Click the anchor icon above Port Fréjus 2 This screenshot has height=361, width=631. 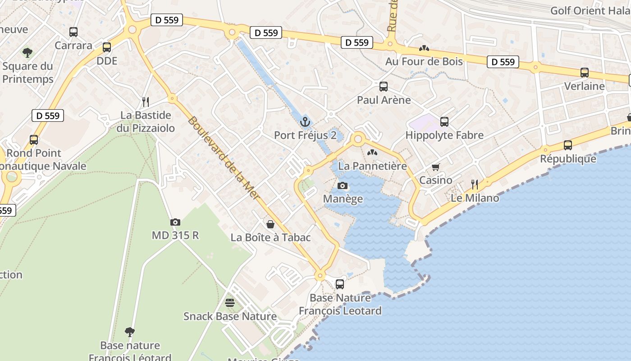pyautogui.click(x=306, y=122)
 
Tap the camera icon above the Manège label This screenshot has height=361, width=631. pyautogui.click(x=343, y=185)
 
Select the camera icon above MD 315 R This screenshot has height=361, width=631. pyautogui.click(x=175, y=222)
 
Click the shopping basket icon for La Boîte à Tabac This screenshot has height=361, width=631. pyautogui.click(x=270, y=224)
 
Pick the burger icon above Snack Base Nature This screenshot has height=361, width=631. pyautogui.click(x=230, y=303)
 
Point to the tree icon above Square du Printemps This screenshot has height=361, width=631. pyautogui.click(x=27, y=53)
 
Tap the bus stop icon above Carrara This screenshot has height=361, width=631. pyautogui.click(x=73, y=32)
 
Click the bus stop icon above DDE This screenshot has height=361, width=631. pyautogui.click(x=107, y=47)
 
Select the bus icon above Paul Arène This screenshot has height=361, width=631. pyautogui.click(x=384, y=87)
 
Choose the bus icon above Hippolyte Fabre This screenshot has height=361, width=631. pyautogui.click(x=444, y=122)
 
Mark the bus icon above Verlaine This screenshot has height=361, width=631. pyautogui.click(x=585, y=73)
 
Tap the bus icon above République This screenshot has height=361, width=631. pyautogui.click(x=568, y=145)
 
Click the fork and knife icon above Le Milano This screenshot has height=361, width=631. pyautogui.click(x=475, y=185)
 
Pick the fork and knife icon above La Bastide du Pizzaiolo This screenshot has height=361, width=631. pyautogui.click(x=145, y=102)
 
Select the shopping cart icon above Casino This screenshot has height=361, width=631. pyautogui.click(x=435, y=167)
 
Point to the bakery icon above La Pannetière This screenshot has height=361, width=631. pyautogui.click(x=372, y=153)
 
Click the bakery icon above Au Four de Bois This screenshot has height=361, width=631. pyautogui.click(x=424, y=48)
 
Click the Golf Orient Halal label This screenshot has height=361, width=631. pyautogui.click(x=590, y=11)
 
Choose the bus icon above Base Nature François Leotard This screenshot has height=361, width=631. pyautogui.click(x=340, y=284)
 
